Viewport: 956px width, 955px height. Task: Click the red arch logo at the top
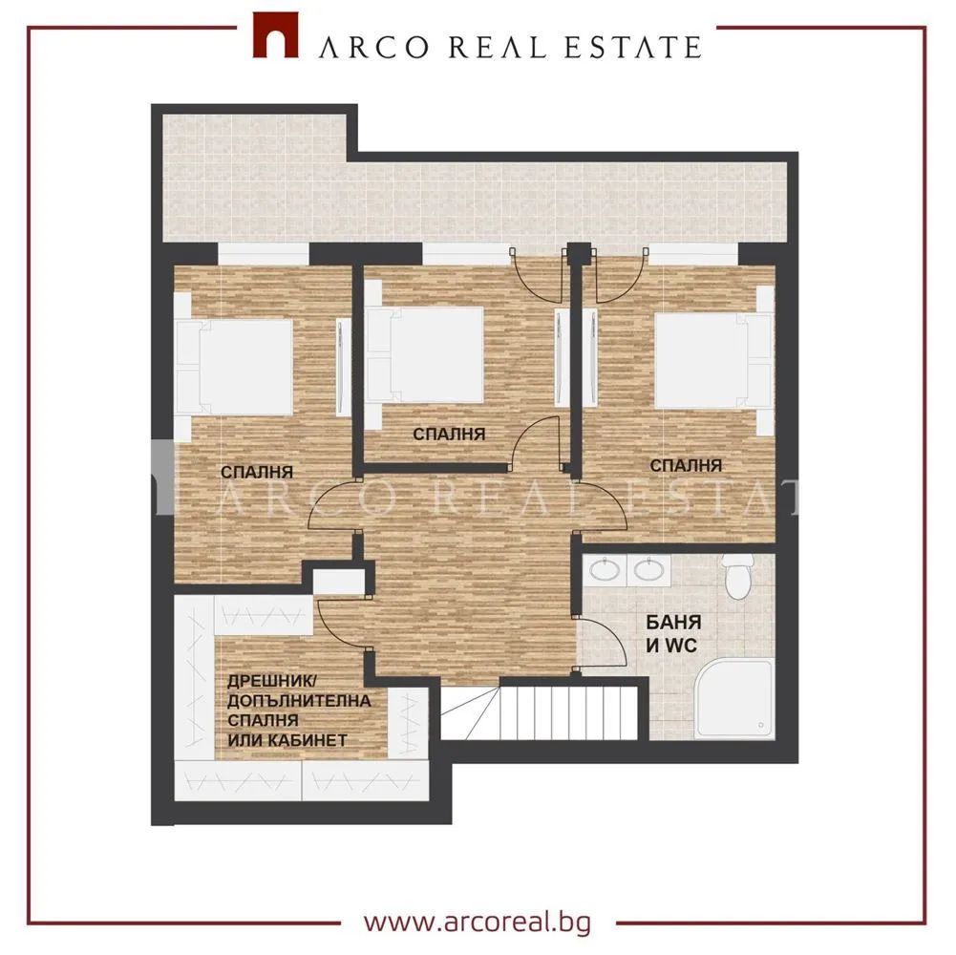click(276, 35)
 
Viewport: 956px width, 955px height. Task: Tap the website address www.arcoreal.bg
click(478, 923)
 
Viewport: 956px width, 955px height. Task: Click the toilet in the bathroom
click(737, 576)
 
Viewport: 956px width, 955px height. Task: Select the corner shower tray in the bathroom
click(735, 699)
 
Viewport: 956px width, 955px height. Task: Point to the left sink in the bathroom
click(605, 570)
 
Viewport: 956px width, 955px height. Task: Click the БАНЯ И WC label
click(673, 633)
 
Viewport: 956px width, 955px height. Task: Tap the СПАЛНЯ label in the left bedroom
click(257, 472)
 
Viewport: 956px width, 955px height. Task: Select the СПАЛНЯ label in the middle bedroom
click(449, 435)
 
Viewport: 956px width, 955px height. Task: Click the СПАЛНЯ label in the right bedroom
click(686, 466)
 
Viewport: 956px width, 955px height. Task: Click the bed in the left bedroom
click(234, 366)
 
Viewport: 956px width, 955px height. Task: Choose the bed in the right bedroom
click(714, 360)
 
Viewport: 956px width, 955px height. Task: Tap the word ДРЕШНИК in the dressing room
click(264, 681)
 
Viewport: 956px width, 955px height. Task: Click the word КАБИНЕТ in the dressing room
click(311, 741)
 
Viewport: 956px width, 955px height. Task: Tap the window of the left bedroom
click(264, 254)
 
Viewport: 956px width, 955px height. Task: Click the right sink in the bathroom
click(648, 570)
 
